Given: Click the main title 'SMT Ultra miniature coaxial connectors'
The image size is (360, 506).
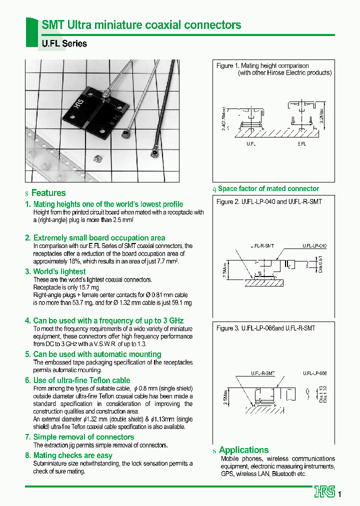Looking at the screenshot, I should pos(141,24).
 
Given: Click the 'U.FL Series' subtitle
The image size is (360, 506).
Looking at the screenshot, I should pos(64,43).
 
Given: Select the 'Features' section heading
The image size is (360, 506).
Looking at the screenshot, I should pos(48,193).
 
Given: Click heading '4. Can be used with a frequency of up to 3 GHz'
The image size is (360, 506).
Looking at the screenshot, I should pos(108,320).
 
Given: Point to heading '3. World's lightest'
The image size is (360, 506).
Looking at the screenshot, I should pos(59,271).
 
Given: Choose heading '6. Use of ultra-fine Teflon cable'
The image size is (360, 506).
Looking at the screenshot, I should pos(81,380).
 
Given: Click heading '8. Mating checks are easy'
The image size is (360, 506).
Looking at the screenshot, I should pos(72,455).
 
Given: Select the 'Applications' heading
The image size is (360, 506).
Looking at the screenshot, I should pos(243,450).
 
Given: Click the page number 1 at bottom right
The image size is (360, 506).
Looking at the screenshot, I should pos(340,494).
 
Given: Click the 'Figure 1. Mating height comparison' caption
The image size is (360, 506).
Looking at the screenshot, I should pos(262,65).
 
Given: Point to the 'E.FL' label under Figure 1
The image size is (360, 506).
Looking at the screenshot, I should pos(302,143).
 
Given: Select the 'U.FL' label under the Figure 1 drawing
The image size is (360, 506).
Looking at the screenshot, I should pos(251,143).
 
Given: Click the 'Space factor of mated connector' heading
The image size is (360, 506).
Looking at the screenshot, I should pos(268,188).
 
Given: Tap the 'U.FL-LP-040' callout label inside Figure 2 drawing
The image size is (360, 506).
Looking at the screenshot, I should pos(314,246).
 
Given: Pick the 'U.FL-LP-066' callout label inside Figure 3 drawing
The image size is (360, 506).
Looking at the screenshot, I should pos(314,373).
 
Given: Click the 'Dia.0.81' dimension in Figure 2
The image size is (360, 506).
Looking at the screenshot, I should pos(326,264).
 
